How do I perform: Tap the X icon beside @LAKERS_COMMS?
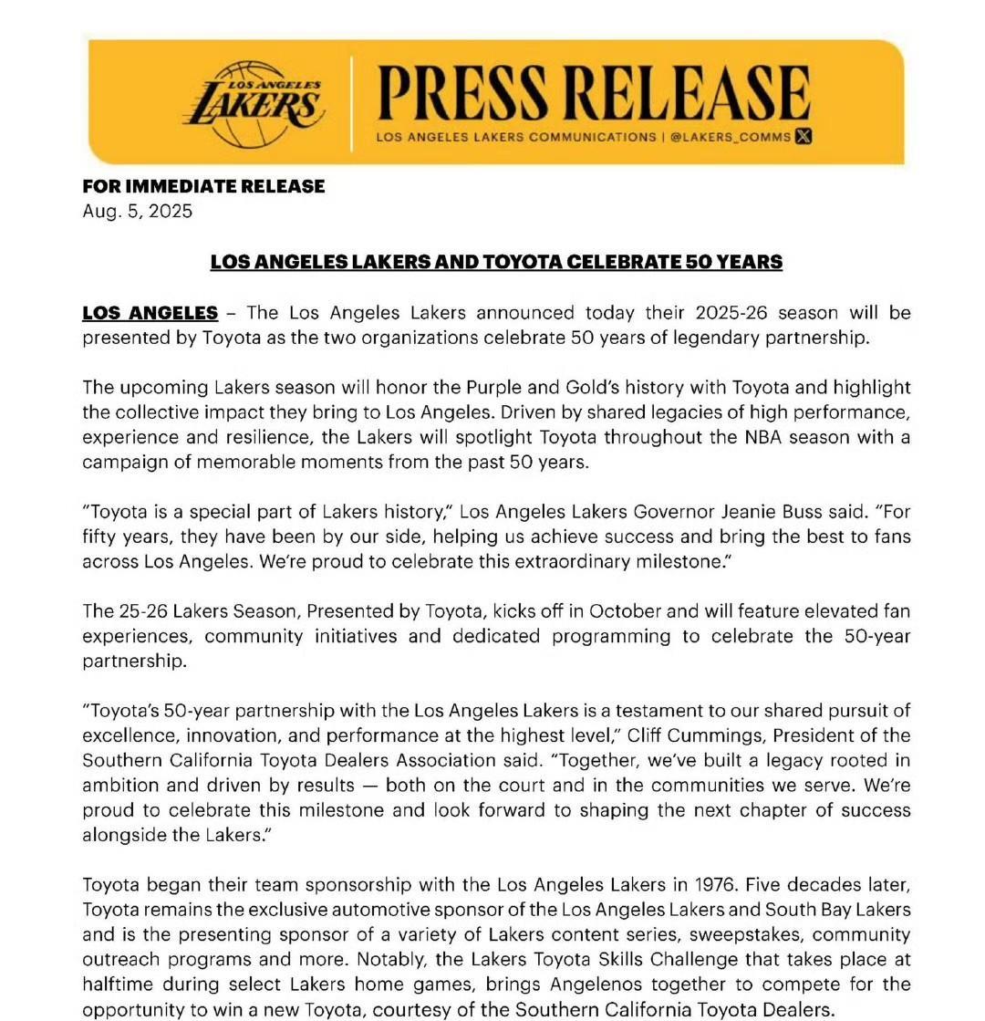point(803,137)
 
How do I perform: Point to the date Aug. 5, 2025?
point(138,211)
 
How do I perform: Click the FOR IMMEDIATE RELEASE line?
point(203,186)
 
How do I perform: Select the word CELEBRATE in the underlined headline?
point(620,262)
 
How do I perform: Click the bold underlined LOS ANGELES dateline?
point(150,313)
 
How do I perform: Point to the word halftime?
point(117,985)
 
